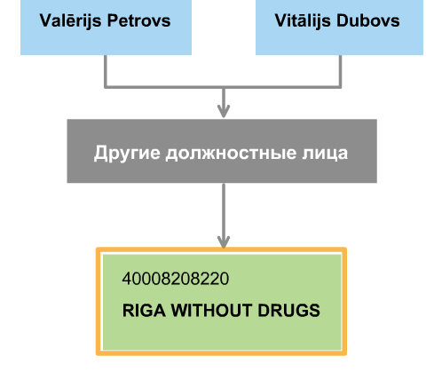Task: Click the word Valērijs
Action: click(x=70, y=20)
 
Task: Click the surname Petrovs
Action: click(x=138, y=20)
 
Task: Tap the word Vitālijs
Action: click(x=303, y=20)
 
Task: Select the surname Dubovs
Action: click(x=368, y=20)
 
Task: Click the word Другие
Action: click(x=127, y=153)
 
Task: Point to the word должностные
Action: click(x=231, y=154)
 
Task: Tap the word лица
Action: click(x=325, y=154)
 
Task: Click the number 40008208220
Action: click(x=176, y=279)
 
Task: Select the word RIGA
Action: click(x=144, y=311)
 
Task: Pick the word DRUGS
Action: click(x=289, y=311)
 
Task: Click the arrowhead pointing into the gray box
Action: click(x=224, y=111)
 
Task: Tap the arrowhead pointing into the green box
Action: click(x=224, y=241)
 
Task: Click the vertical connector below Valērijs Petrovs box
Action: click(x=106, y=71)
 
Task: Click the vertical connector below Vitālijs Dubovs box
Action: click(x=340, y=71)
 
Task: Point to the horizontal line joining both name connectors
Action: click(x=223, y=87)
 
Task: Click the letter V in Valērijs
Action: click(x=45, y=20)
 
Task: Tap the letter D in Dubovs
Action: click(x=343, y=20)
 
